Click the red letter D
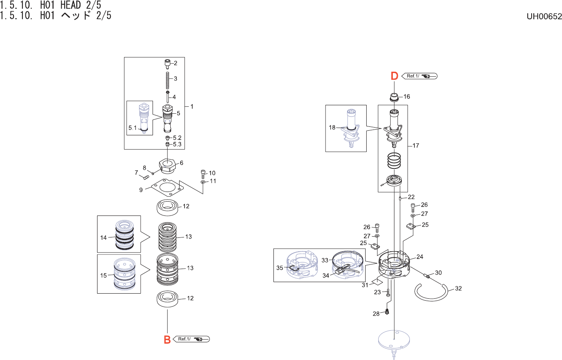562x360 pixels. click(x=394, y=76)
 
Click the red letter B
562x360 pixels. click(x=167, y=340)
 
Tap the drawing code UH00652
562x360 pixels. click(x=544, y=16)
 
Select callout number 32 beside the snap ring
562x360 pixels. click(x=458, y=288)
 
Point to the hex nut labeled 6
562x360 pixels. click(x=168, y=166)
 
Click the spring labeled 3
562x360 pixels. click(x=168, y=81)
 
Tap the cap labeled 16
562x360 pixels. click(x=394, y=96)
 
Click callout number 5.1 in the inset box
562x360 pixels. click(x=133, y=128)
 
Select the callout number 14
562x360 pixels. click(x=103, y=237)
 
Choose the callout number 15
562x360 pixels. click(x=103, y=275)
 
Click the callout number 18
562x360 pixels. click(x=332, y=127)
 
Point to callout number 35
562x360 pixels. click(x=280, y=267)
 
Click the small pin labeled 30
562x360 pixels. click(x=427, y=276)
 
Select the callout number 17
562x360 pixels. click(x=416, y=145)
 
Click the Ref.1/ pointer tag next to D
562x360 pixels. click(x=419, y=76)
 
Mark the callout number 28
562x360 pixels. click(x=376, y=313)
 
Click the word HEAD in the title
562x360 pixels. click(x=71, y=5)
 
